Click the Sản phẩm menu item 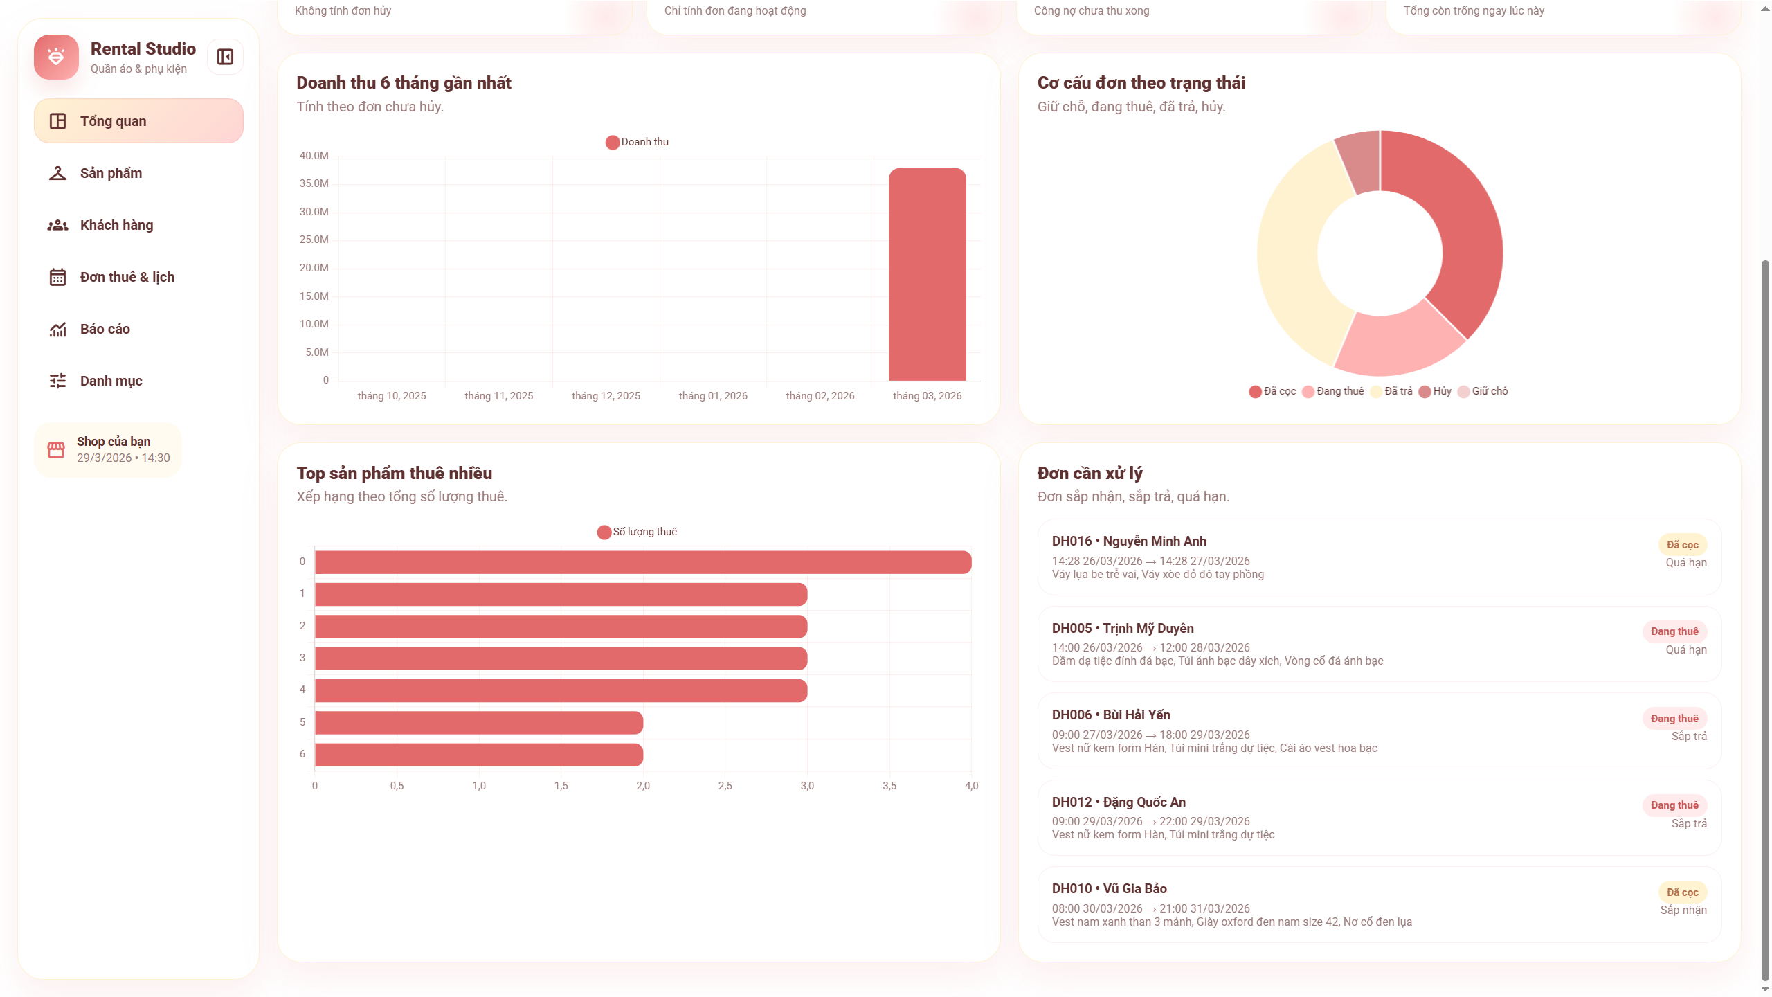111,173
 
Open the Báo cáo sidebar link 105,329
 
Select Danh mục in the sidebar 111,381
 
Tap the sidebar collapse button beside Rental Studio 225,57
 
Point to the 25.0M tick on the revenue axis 314,240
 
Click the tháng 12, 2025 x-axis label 606,396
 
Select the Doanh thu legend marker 613,143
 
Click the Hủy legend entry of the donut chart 1435,392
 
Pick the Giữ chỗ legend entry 1483,392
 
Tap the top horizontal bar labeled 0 642,562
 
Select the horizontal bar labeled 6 478,755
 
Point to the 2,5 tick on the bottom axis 725,786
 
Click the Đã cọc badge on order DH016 1682,545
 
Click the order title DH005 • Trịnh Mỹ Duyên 1122,628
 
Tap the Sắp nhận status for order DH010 1683,910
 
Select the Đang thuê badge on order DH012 1674,805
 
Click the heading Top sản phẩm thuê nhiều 394,474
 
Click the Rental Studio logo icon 56,57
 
